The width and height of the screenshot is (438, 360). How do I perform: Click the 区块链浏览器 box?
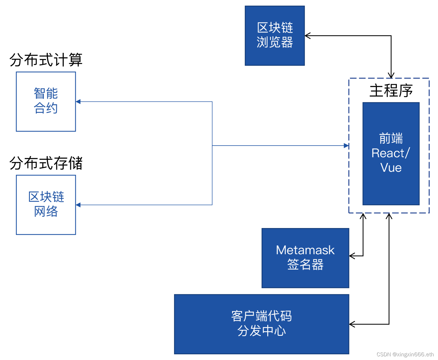click(275, 36)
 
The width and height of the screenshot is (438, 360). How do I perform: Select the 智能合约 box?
click(46, 101)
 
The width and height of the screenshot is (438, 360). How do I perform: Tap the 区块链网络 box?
click(46, 205)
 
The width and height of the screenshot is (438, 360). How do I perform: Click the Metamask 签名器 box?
click(305, 258)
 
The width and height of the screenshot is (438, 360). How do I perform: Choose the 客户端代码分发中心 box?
click(261, 324)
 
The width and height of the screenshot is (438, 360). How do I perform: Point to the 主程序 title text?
click(391, 91)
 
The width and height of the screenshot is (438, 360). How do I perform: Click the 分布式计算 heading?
click(46, 60)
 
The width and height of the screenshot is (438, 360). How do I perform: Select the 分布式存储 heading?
click(46, 163)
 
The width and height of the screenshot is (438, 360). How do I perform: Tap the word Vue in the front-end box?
click(391, 167)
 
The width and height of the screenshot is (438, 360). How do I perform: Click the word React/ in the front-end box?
click(391, 153)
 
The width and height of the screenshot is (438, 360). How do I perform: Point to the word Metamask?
click(305, 250)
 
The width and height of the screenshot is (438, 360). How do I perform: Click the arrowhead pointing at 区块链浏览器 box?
click(308, 36)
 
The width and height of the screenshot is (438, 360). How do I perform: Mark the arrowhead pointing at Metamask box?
click(352, 256)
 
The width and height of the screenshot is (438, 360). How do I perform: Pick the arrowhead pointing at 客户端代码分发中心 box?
click(352, 324)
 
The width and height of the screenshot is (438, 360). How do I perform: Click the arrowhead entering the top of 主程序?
click(391, 75)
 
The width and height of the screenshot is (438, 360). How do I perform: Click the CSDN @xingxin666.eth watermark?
click(405, 354)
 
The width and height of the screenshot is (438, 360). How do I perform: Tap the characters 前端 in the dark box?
click(391, 138)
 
